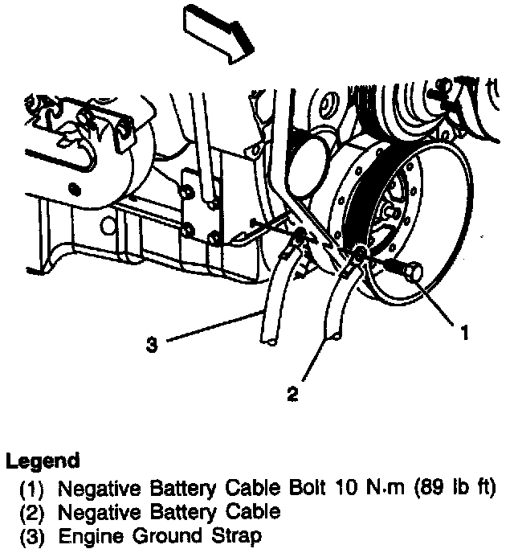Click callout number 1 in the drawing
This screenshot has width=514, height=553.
(463, 329)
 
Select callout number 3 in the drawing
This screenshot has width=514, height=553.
(151, 346)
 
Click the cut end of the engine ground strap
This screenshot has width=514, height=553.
(272, 342)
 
